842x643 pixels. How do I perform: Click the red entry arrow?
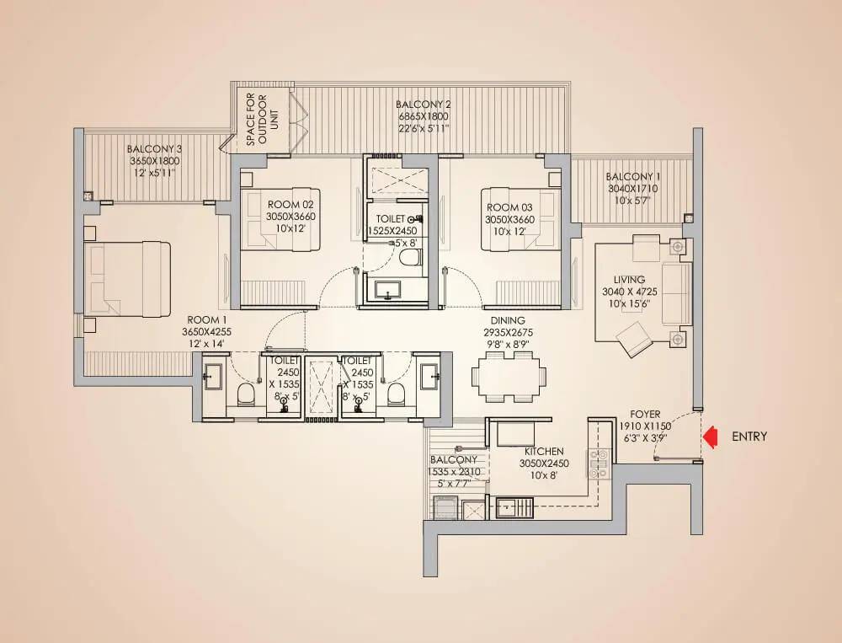(711, 437)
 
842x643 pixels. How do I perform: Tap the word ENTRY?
(749, 437)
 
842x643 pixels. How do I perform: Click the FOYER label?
(645, 415)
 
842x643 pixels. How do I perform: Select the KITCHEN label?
(544, 452)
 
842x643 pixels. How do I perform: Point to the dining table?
(509, 376)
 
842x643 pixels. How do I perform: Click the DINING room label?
(508, 320)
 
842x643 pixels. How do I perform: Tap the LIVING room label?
(629, 280)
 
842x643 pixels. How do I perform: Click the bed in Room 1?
(127, 279)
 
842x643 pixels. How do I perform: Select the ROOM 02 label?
(290, 204)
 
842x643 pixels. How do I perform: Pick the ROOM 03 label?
(509, 207)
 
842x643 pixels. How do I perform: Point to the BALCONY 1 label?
(633, 176)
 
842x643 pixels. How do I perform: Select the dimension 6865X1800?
(424, 116)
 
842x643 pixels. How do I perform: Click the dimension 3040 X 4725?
(629, 292)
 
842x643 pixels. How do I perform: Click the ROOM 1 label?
(207, 320)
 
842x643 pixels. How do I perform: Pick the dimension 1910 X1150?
(645, 426)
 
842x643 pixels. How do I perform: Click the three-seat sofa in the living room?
(675, 293)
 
